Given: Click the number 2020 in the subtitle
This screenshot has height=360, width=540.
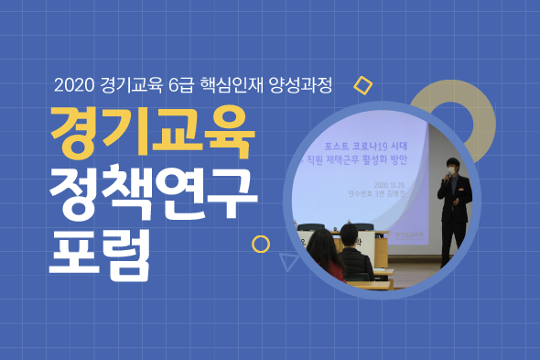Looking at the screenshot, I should pos(72,86).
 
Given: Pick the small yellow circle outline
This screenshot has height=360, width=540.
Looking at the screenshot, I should pos(261,244).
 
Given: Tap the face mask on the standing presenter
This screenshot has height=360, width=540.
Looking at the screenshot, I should pos(449,169).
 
